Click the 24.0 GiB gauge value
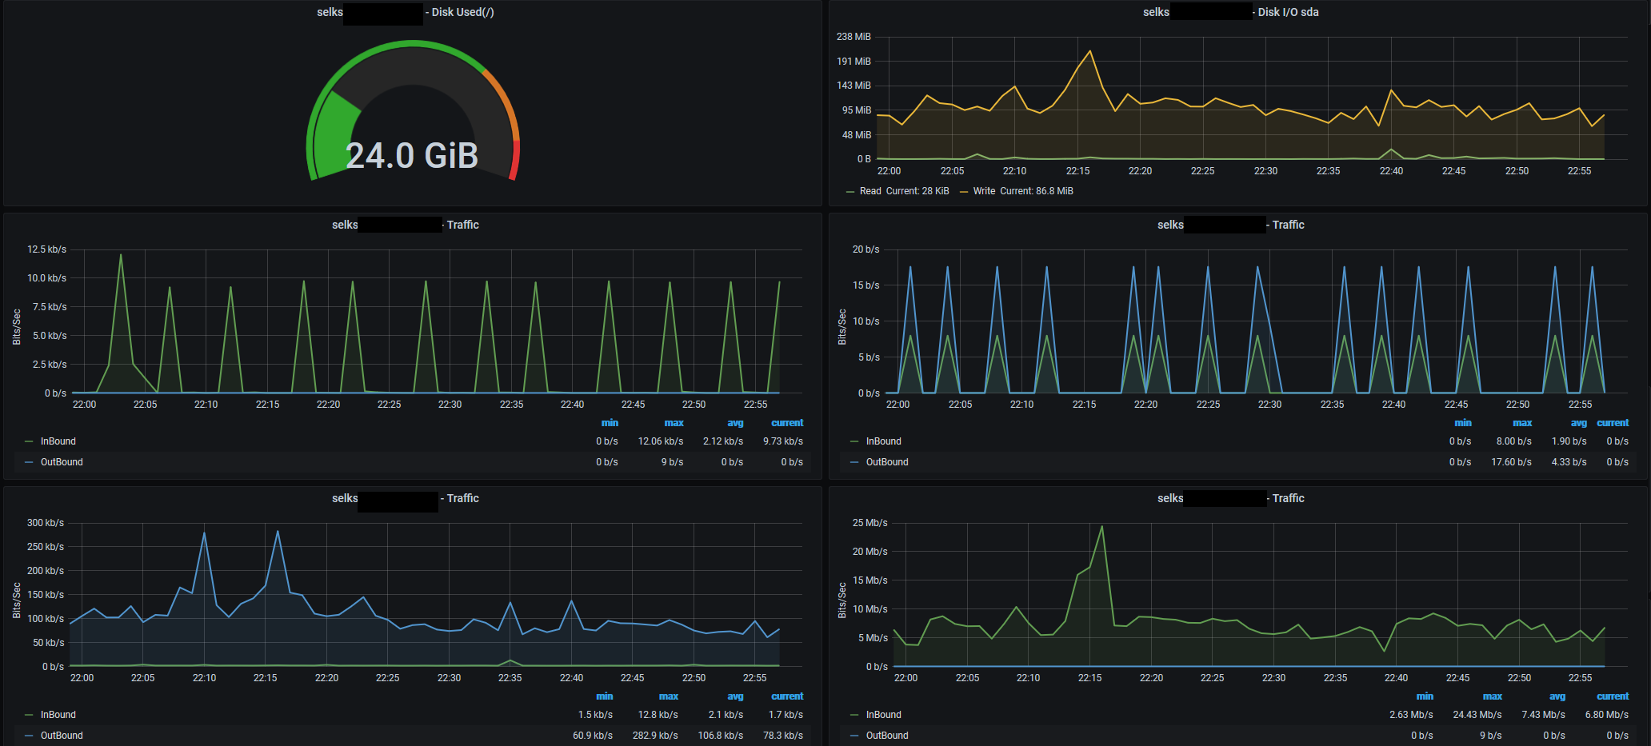(412, 156)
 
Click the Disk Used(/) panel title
(462, 12)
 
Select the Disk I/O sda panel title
(1288, 12)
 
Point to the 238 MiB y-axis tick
(853, 37)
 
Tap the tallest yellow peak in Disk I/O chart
(1089, 52)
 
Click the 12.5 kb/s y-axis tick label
(46, 249)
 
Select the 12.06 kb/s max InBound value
(660, 441)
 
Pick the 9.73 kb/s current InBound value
(782, 441)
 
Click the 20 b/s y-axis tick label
(865, 249)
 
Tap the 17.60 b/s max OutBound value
(1511, 462)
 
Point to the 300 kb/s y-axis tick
(45, 523)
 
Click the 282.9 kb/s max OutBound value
(655, 736)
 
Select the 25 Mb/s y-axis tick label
(869, 523)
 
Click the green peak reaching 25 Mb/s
(1101, 527)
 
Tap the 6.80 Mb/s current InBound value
(1606, 715)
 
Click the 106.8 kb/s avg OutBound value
(720, 736)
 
